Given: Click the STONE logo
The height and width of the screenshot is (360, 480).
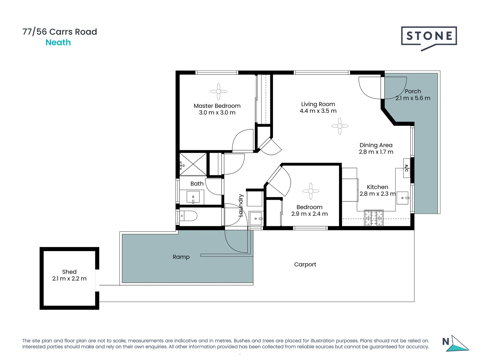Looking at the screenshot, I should (x=429, y=37).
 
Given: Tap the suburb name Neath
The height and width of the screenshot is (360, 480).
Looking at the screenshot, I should (x=58, y=42).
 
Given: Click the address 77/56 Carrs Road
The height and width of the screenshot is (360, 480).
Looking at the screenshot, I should (x=60, y=32).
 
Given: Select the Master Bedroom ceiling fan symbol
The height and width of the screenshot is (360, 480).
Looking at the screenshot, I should (x=219, y=91).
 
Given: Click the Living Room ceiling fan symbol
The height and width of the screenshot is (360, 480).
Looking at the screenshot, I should (x=340, y=126).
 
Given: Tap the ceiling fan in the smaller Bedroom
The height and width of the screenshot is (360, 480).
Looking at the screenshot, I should (x=311, y=191).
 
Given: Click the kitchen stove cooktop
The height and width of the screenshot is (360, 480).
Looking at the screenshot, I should (x=374, y=218).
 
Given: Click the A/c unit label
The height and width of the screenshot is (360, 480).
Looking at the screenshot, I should (x=406, y=168).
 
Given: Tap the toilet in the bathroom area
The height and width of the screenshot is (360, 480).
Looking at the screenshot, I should (x=188, y=216).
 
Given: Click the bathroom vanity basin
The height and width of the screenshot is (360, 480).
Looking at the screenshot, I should (x=193, y=197).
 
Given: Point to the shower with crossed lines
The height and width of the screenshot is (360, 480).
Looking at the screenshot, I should (x=193, y=164).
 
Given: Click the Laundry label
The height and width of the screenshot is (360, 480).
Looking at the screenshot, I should (x=241, y=205).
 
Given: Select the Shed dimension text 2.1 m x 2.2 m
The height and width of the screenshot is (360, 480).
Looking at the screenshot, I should (x=69, y=279).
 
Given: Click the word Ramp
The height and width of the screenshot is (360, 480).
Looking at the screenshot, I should (x=181, y=257).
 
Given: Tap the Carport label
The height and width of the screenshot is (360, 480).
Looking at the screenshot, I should (x=305, y=264).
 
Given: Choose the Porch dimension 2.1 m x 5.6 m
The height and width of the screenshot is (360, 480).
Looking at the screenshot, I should (x=413, y=98).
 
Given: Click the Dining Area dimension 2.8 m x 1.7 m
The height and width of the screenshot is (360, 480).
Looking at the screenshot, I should (x=376, y=152).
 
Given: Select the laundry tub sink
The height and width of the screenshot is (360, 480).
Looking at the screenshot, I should (x=256, y=218).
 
